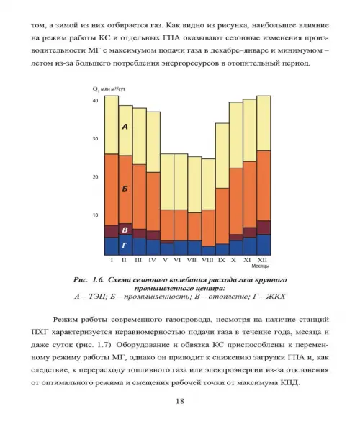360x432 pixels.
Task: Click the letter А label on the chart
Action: coord(125,127)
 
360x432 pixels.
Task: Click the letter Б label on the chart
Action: coord(125,189)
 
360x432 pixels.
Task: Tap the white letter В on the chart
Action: coord(125,230)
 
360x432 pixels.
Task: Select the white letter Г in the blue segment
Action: coord(125,245)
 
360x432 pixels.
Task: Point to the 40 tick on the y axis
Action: coord(95,101)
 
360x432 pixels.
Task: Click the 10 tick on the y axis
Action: coord(95,215)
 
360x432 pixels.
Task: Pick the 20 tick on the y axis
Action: coord(95,177)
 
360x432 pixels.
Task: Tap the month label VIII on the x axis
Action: coord(207,260)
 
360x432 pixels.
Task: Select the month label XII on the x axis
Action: coord(262,260)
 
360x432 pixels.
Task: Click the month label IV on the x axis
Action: coord(152,260)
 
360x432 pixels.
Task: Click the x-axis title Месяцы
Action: coord(261,266)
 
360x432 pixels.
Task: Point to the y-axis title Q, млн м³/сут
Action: coord(109,89)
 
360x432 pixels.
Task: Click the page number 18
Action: coord(180,401)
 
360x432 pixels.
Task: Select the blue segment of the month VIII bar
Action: coord(209,251)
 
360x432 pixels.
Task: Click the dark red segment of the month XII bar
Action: coord(264,228)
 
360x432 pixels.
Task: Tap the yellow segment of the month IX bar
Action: coord(222,156)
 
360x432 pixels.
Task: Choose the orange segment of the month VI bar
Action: coord(181,225)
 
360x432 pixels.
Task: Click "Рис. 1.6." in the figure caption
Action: coord(89,280)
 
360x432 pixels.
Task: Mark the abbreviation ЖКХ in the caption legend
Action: coord(276,297)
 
